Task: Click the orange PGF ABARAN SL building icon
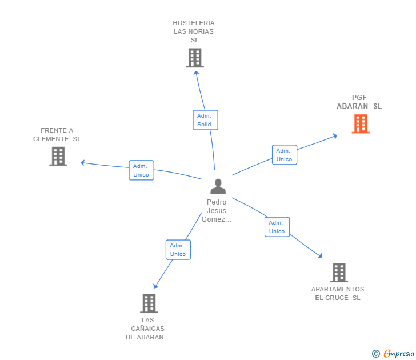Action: pos(361,123)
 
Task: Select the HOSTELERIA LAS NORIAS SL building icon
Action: pos(195,58)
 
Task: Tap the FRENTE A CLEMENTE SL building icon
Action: pos(58,156)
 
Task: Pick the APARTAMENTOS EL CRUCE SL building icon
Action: pos(339,273)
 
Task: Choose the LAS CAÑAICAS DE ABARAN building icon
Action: pos(149,303)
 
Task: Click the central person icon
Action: pos(218,186)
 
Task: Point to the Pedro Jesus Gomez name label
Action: pos(217,211)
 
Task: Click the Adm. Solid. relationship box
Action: pos(205,120)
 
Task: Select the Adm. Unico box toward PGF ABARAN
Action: pos(284,155)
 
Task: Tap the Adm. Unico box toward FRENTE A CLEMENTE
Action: pos(141,170)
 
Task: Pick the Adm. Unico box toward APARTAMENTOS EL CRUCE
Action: pos(277,227)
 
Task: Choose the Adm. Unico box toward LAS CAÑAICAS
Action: pos(178,250)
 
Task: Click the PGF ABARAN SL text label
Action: pos(359,102)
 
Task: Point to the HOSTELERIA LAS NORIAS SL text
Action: pos(194,31)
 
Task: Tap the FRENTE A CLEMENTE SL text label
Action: pos(57,134)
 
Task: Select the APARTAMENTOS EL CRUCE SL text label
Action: pos(338,293)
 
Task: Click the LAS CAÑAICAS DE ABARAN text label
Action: pos(148,329)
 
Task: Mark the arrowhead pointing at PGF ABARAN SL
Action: pos(334,136)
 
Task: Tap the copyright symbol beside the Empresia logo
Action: pos(376,354)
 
